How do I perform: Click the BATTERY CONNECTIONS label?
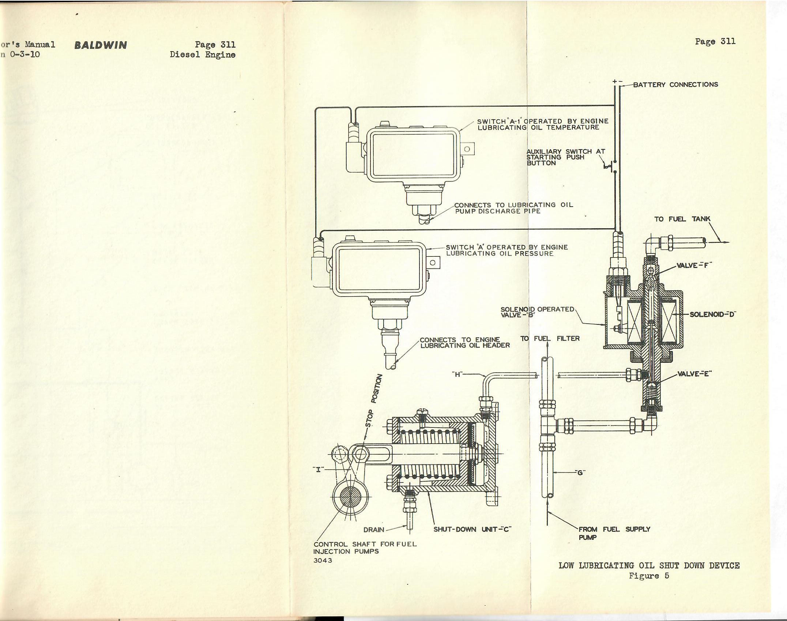(x=675, y=84)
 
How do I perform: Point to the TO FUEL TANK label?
(x=682, y=219)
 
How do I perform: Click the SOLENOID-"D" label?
(x=712, y=314)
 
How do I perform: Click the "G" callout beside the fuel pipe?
(x=579, y=472)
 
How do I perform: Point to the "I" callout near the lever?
(x=62, y=469)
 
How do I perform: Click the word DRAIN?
(x=118, y=530)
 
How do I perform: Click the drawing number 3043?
(x=323, y=560)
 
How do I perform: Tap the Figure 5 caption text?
(x=649, y=576)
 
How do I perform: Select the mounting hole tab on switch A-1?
(x=467, y=149)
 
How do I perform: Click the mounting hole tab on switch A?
(x=433, y=263)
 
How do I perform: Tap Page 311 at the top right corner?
(x=715, y=41)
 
